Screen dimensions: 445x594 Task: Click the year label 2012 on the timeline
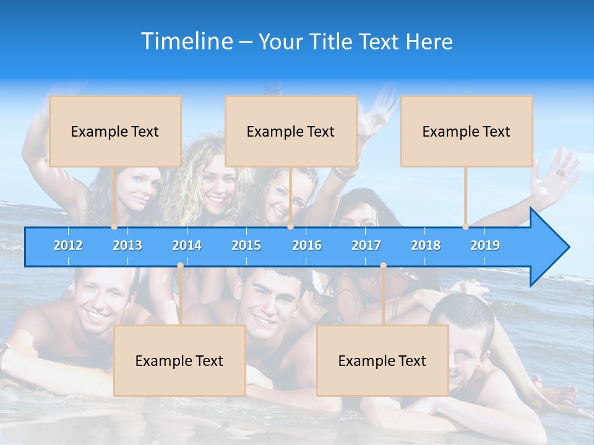(68, 245)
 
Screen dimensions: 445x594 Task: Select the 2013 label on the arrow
(127, 245)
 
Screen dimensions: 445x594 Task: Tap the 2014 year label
(187, 245)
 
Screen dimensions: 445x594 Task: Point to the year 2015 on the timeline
(246, 245)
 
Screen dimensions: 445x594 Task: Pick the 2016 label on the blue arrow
(307, 245)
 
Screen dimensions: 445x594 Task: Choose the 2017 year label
(366, 245)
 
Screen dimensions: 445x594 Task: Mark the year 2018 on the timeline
(426, 245)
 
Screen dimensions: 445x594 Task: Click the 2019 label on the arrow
(485, 245)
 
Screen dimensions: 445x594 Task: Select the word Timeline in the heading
(187, 41)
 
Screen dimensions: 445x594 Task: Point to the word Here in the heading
(429, 42)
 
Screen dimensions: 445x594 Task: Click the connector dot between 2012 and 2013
(114, 227)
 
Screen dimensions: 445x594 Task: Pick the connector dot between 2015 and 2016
(290, 227)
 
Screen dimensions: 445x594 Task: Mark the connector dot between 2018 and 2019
(465, 227)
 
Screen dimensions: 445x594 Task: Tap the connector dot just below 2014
(180, 266)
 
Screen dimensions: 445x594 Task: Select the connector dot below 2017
(383, 266)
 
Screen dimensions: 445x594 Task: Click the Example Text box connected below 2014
(179, 360)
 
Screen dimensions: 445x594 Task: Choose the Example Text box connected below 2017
(382, 360)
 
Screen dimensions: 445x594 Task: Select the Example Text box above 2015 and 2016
(291, 131)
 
